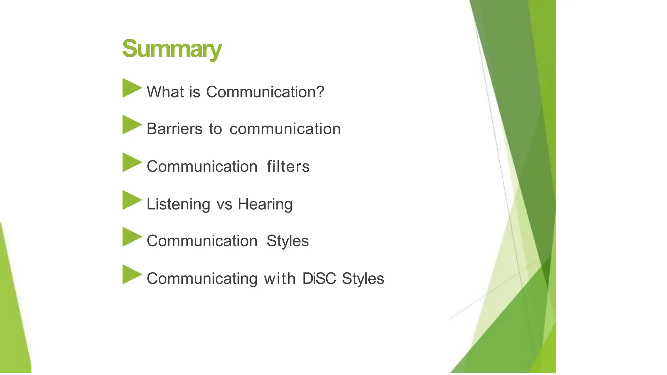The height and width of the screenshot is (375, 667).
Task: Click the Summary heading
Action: coord(172,49)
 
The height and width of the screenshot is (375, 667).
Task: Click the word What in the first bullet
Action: coord(165,92)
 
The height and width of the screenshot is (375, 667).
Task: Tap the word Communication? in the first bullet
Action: coord(265,92)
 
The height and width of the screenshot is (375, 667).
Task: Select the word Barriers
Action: coord(174,129)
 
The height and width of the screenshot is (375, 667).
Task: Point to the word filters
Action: coord(288,167)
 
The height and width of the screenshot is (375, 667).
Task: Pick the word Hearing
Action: coord(265,204)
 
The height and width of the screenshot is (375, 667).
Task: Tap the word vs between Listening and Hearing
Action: coord(224,204)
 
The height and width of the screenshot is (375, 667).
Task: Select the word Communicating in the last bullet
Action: coord(202,279)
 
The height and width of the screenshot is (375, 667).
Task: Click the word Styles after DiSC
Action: coord(363,279)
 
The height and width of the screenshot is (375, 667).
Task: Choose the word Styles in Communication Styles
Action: coord(287,241)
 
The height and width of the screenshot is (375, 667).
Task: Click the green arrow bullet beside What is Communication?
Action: coord(132,88)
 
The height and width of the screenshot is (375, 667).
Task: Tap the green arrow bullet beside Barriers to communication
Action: coord(132,125)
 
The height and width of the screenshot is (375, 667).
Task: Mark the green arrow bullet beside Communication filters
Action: coord(132,162)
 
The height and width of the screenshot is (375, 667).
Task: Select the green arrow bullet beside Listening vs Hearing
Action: coord(132,200)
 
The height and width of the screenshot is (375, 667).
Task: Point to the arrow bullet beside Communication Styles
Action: coord(132,237)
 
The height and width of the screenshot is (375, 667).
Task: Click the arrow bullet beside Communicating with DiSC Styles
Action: coord(132,274)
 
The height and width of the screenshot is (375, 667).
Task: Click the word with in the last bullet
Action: coord(279,279)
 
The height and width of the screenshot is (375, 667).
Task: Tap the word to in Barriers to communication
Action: coord(215,129)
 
